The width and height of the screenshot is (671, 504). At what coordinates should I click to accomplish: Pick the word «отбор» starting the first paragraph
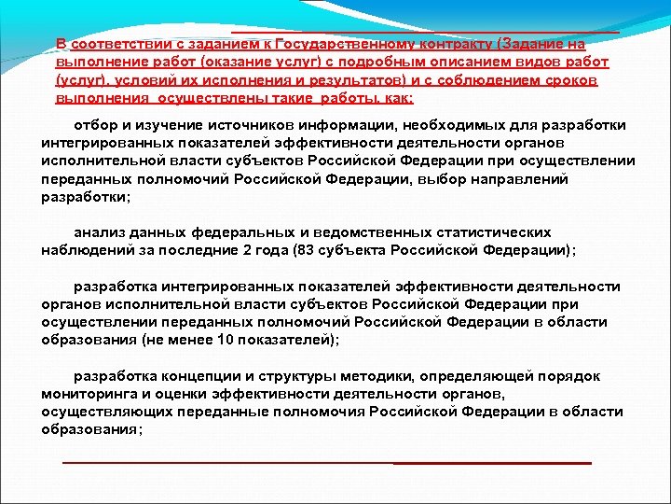[94, 125]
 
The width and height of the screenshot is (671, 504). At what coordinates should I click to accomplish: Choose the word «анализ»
[100, 231]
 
